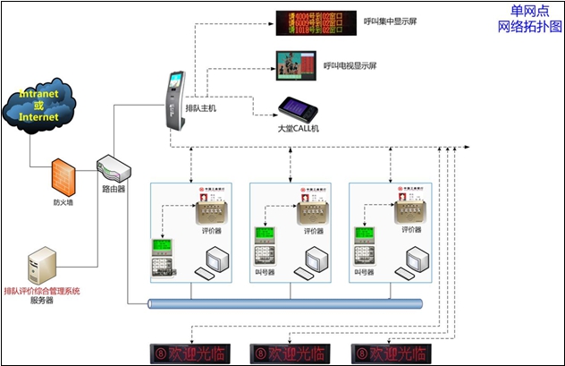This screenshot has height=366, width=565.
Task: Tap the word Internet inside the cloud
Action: click(39, 117)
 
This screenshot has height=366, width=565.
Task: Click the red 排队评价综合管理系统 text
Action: click(42, 291)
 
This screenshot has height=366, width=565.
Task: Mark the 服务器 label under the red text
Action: click(42, 302)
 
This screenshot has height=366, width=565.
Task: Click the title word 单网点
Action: click(530, 11)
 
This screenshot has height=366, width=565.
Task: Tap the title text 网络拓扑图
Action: click(530, 27)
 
